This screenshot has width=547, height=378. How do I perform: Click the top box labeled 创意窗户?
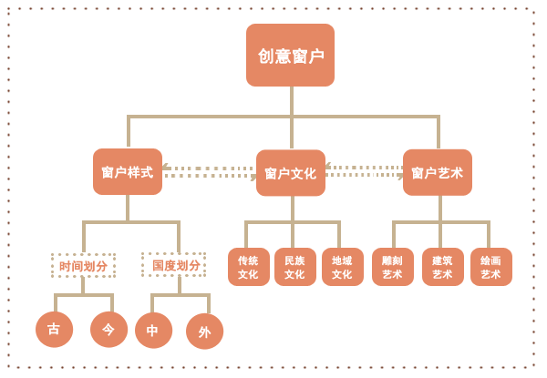[x=290, y=56]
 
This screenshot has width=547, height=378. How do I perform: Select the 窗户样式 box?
[x=128, y=172]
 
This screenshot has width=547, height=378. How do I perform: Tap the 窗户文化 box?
[x=291, y=173]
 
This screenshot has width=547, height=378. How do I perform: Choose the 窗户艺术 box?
[x=438, y=172]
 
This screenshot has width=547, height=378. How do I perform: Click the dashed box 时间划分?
[x=83, y=266]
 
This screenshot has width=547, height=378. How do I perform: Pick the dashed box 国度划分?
[x=174, y=265]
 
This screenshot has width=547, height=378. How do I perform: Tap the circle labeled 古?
[x=54, y=329]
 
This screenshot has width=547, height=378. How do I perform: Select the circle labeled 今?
[x=108, y=329]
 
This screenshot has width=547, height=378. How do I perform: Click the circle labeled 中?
[x=153, y=330]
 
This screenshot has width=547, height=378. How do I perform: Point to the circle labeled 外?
[x=204, y=332]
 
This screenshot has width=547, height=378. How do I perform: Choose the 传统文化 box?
[x=248, y=267]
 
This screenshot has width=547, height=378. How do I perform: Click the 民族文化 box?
[x=294, y=267]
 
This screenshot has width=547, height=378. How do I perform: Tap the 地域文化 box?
[x=342, y=267]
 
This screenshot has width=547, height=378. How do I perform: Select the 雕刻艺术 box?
[x=392, y=267]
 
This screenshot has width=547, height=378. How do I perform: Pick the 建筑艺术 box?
[x=442, y=267]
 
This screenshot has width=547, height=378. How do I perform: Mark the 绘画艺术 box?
[x=490, y=267]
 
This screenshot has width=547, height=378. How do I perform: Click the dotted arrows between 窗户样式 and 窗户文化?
[x=209, y=171]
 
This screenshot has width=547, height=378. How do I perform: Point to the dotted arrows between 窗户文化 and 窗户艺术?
[x=364, y=170]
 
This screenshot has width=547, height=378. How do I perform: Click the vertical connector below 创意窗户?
[x=292, y=101]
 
